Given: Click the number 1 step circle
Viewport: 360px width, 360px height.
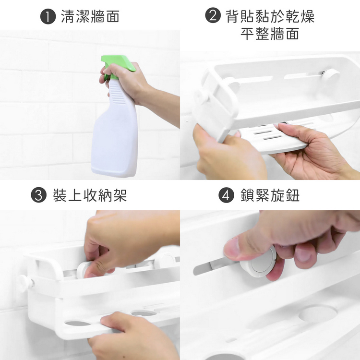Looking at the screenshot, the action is click(x=48, y=16).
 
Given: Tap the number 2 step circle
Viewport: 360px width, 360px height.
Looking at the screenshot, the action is click(x=213, y=15).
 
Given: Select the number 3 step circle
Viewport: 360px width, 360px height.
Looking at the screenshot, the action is click(x=38, y=195).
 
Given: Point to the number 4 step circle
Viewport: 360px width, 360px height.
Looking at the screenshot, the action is click(x=226, y=195).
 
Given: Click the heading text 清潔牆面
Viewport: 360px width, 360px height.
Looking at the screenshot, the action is click(x=90, y=16).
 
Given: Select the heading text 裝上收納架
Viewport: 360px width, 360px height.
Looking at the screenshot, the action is click(x=90, y=195).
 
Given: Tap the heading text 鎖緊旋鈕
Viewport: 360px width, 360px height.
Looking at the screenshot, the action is click(x=270, y=195).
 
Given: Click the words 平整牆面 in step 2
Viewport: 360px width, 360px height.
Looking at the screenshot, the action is click(x=270, y=34).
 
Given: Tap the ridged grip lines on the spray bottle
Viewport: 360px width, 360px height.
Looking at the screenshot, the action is click(x=117, y=94).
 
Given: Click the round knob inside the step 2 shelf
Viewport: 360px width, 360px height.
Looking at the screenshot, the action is click(x=330, y=76).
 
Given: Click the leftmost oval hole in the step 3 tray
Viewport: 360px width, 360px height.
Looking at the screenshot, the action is click(x=78, y=323).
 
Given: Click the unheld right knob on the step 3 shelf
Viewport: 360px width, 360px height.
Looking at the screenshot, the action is click(x=166, y=261).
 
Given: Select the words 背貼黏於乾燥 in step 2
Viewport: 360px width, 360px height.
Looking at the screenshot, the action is click(x=270, y=16).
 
